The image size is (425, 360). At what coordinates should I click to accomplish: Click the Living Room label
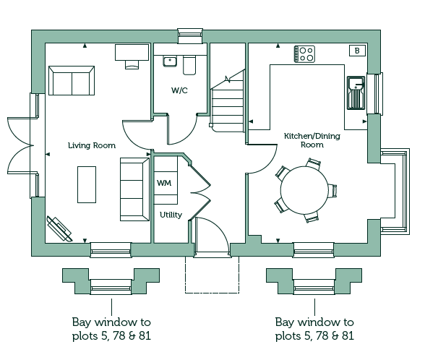(92, 145)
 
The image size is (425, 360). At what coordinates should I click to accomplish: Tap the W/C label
(179, 90)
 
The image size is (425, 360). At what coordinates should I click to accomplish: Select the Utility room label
(171, 215)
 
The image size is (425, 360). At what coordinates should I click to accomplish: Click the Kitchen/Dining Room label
(312, 140)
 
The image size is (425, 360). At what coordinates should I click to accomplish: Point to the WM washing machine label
(164, 184)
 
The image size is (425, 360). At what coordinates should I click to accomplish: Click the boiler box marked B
(357, 51)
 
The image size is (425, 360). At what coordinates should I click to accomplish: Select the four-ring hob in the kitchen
(305, 54)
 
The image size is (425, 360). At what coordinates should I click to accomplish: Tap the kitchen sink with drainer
(356, 93)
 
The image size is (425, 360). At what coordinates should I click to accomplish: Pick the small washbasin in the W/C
(170, 61)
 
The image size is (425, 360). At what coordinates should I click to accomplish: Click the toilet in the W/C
(189, 65)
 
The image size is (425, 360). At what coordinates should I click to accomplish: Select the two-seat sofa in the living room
(72, 80)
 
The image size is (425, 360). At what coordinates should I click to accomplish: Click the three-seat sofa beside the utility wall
(134, 189)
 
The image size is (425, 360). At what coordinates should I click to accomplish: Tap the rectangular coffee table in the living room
(87, 184)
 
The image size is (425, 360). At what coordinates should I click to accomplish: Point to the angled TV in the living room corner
(59, 228)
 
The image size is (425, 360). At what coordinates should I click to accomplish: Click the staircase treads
(228, 107)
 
